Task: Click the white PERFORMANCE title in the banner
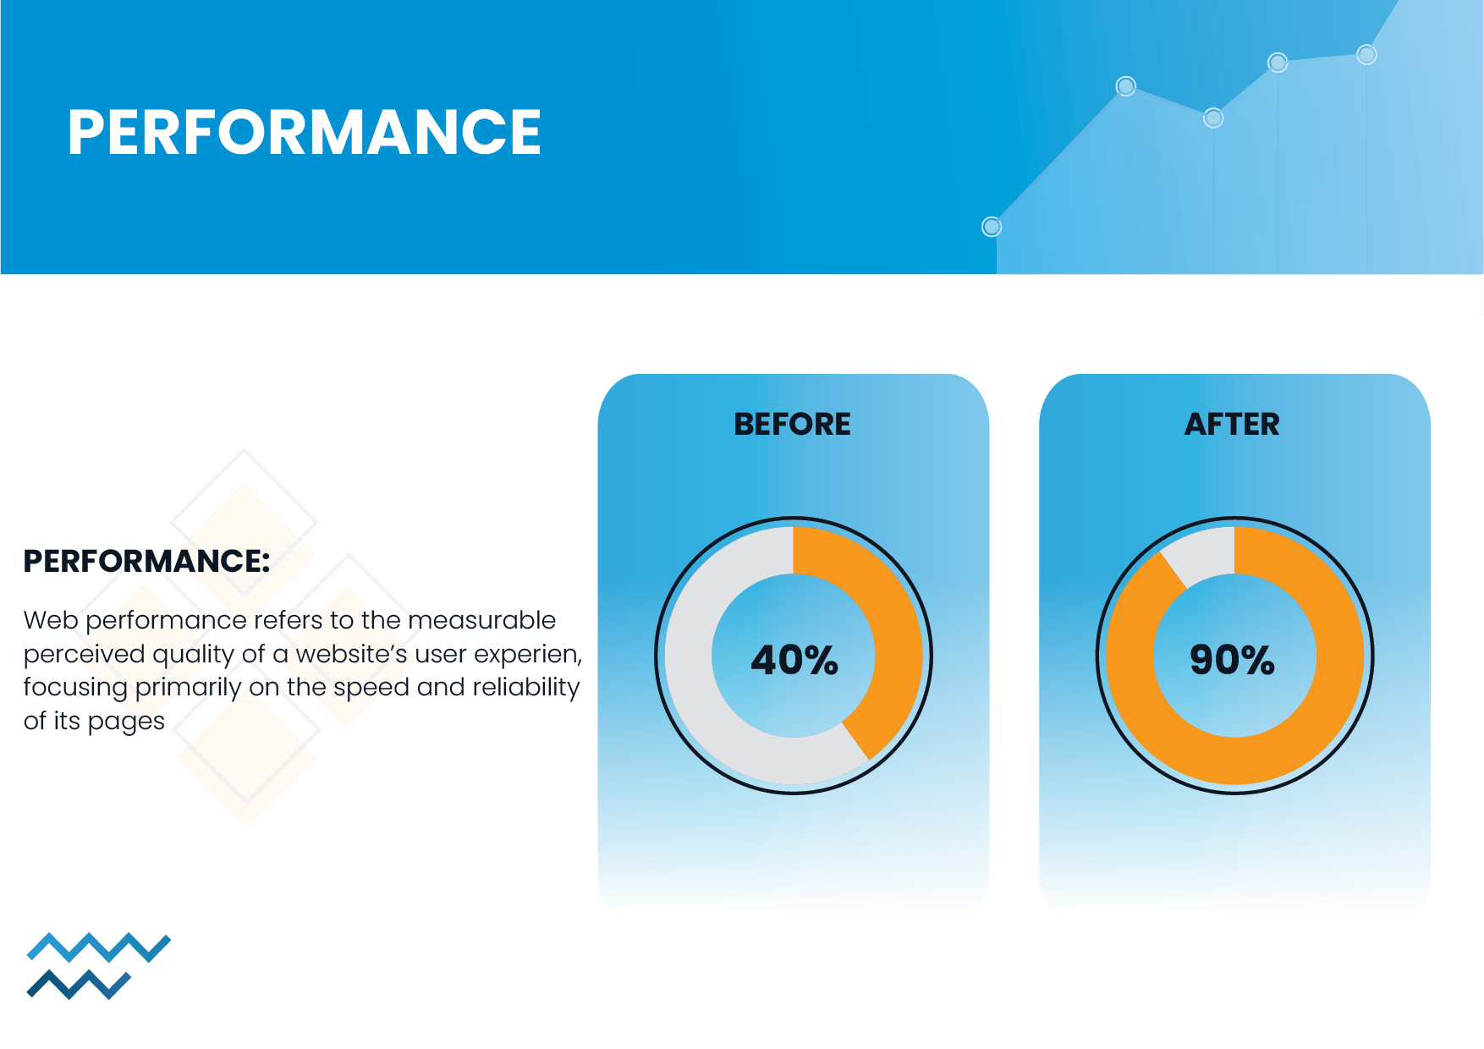click(x=305, y=132)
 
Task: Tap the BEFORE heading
click(x=793, y=424)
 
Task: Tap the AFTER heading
click(x=1233, y=424)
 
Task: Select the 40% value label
click(x=794, y=660)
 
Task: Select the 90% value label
click(x=1232, y=660)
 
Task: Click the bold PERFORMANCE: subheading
click(x=146, y=561)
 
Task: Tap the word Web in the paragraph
click(x=51, y=620)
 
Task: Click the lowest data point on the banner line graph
click(x=992, y=227)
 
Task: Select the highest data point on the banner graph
click(x=1366, y=55)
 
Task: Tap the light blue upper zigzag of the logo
click(x=99, y=947)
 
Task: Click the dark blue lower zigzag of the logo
click(x=80, y=985)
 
